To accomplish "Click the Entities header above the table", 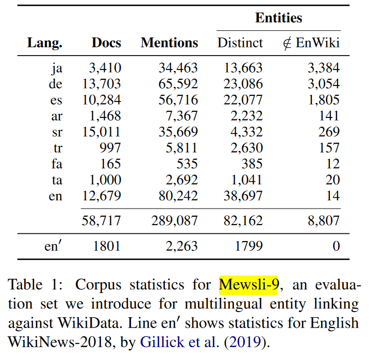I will point(278,18).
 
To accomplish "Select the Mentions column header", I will point(169,43).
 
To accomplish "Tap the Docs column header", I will point(106,43).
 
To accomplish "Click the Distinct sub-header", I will point(240,43).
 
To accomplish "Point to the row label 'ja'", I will point(57,68).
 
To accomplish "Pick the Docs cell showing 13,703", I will point(102,84).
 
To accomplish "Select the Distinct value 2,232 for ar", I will point(244,116).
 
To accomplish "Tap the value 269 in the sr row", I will point(329,132).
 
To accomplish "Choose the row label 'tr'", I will point(57,148).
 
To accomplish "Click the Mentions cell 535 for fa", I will point(186,164).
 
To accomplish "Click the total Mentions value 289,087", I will point(174,220).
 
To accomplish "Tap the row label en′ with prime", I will point(54,246).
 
